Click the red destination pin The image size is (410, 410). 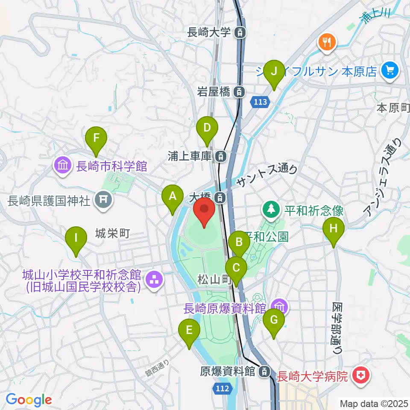click(x=204, y=212)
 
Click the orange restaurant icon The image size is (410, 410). click(x=327, y=42)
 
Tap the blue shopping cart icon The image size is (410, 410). click(x=389, y=70)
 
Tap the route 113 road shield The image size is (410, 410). click(x=262, y=102)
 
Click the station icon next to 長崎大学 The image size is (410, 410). click(x=241, y=32)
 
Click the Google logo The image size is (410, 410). click(x=29, y=400)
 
